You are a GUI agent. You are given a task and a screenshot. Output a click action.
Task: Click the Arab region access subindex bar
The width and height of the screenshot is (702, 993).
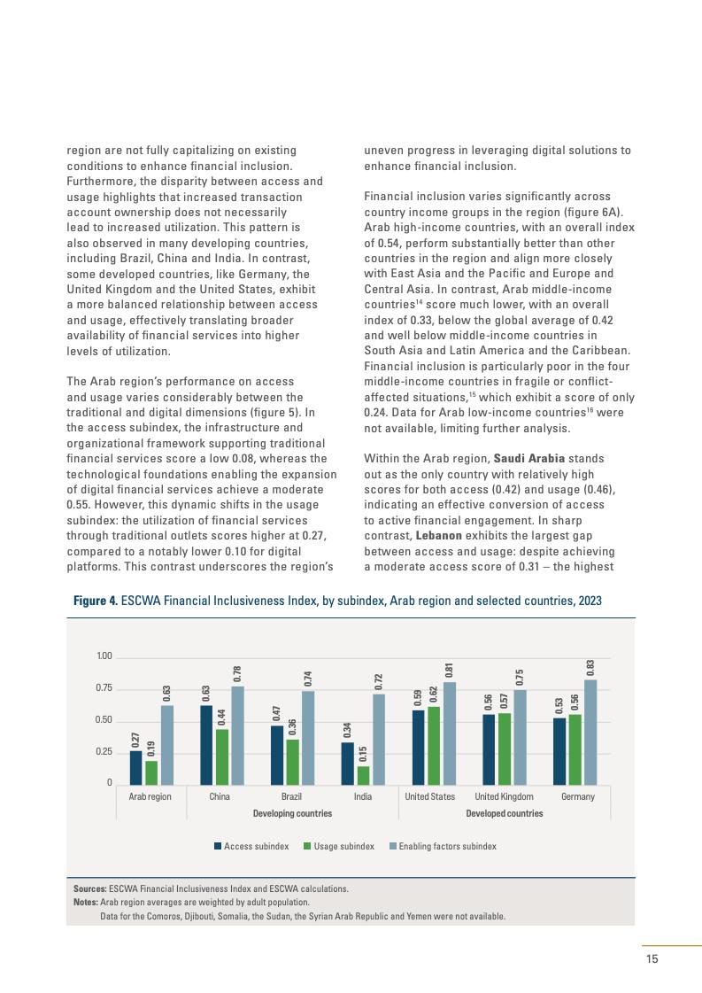[135, 767]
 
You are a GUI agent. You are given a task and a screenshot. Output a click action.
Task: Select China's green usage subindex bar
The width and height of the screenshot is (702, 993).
[221, 756]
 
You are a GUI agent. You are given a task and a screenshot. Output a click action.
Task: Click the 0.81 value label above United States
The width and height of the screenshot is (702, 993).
[450, 671]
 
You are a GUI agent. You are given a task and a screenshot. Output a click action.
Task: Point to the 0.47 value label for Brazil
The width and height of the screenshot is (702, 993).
[277, 715]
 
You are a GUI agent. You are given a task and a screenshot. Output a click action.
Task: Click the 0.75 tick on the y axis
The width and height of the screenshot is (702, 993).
[104, 688]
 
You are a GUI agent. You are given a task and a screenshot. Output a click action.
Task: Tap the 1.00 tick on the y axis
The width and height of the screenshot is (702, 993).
[104, 656]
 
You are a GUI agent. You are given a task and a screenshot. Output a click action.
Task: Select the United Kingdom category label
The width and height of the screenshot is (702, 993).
[504, 796]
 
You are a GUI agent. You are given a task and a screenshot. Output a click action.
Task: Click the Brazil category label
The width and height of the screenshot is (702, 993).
[291, 796]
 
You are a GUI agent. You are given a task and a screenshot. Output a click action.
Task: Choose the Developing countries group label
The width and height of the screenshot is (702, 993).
[292, 813]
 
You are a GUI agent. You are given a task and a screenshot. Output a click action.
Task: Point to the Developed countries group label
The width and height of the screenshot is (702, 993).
[504, 813]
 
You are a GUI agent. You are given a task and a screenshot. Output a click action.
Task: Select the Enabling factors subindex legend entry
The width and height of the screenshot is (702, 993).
[447, 846]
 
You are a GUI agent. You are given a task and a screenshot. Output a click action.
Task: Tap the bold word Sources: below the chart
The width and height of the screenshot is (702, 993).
[89, 888]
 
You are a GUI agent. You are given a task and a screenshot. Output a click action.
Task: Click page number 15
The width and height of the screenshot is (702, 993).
[652, 958]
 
